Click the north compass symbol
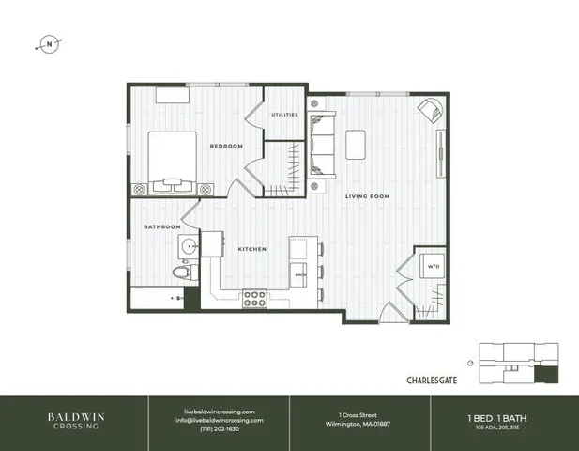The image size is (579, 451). (x=47, y=43)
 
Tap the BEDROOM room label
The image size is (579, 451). (x=226, y=146)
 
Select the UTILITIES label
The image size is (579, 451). (x=284, y=115)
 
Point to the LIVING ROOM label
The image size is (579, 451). (x=367, y=196)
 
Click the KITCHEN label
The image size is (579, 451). (x=251, y=249)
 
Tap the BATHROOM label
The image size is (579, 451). (x=161, y=226)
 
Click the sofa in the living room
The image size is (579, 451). (x=322, y=143)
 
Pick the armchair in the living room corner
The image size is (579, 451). (x=429, y=110)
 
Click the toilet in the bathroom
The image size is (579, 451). (x=183, y=272)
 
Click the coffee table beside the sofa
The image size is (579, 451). (x=358, y=144)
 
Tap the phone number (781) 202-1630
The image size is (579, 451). (x=221, y=428)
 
